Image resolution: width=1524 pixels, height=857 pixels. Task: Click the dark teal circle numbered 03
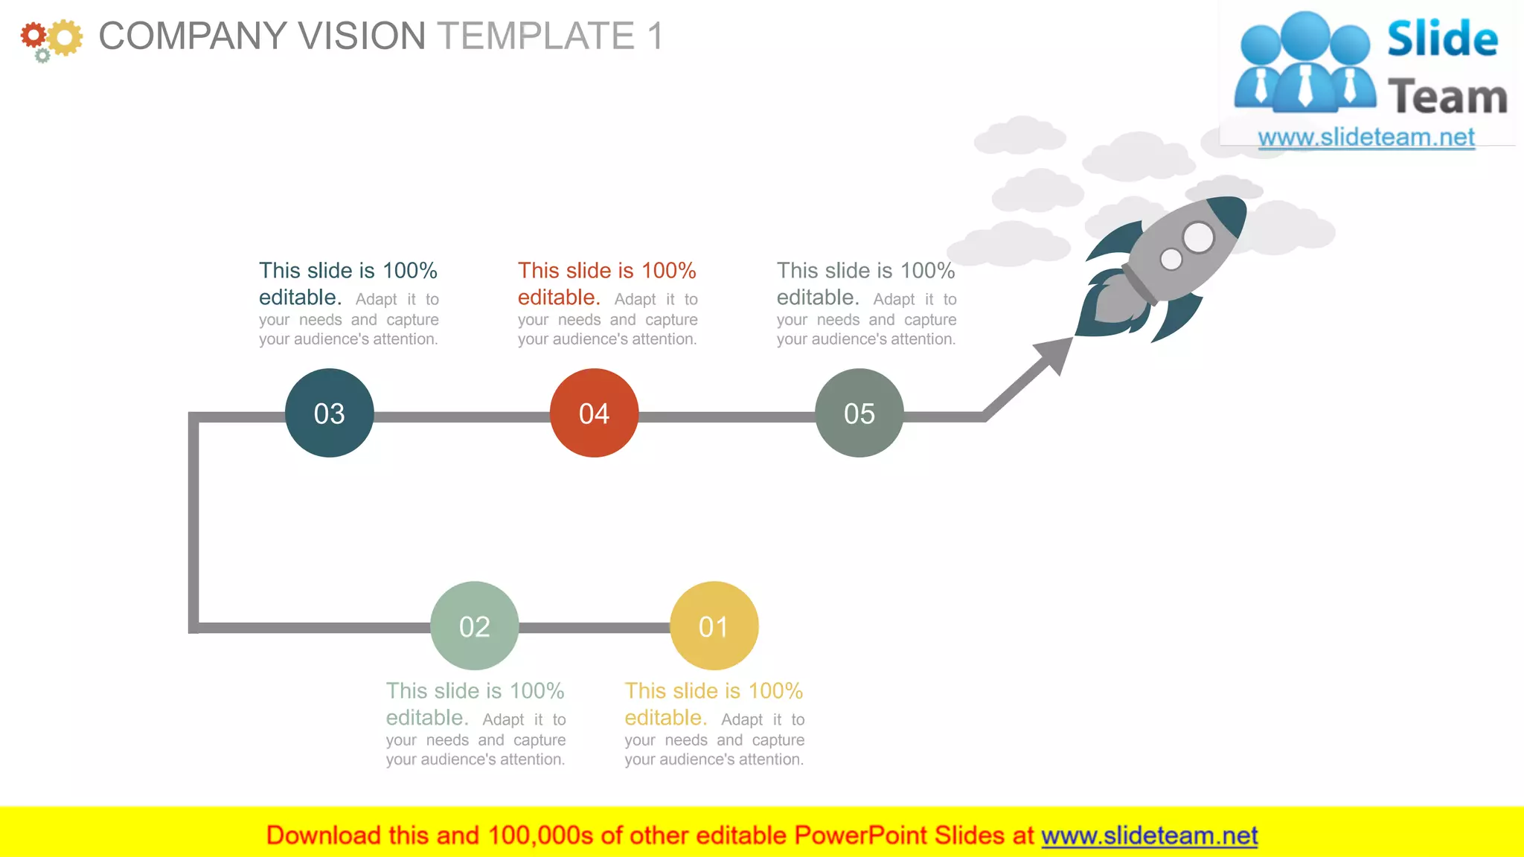coord(329,413)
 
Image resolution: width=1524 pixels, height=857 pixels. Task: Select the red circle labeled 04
coord(594,413)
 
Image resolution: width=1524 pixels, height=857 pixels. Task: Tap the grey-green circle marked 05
coord(859,413)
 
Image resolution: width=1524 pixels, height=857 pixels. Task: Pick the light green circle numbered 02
coord(474,626)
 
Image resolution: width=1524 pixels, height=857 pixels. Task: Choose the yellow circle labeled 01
coord(714,626)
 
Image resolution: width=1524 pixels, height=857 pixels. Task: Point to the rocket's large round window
coord(1198,237)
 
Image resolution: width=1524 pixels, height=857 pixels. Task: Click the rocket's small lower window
coord(1171,259)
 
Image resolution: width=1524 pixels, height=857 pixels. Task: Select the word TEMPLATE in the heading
coord(536,36)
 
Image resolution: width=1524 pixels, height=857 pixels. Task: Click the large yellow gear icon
coord(65,37)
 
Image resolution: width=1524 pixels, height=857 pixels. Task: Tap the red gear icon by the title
coord(33,35)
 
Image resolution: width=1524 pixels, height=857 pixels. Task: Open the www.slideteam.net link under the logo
coord(1365,138)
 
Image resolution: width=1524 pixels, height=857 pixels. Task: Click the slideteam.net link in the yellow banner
coord(1149,835)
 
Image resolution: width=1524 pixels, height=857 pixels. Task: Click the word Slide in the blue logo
coord(1442,39)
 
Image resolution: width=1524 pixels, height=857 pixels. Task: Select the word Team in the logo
coord(1447,97)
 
